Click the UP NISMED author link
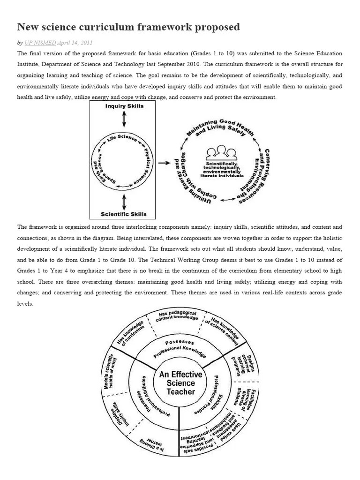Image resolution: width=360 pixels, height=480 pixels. point(40,43)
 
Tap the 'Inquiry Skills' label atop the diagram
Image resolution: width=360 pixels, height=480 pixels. point(124,106)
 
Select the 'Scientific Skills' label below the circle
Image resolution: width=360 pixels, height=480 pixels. point(124,214)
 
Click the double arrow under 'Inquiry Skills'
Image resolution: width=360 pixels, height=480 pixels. point(124,119)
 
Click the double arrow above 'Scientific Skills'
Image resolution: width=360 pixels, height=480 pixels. point(124,202)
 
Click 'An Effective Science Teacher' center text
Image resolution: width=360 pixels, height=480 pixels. point(180,383)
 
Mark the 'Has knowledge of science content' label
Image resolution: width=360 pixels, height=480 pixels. point(223,326)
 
